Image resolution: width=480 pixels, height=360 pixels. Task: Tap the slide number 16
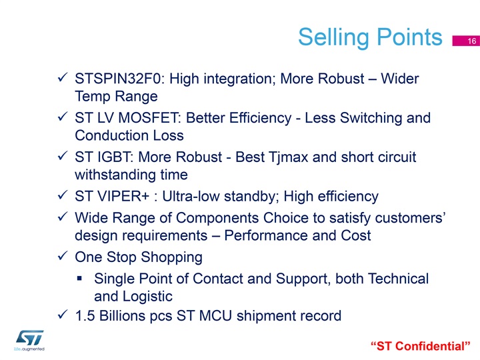coord(472,41)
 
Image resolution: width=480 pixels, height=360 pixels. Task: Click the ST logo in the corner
coord(29,340)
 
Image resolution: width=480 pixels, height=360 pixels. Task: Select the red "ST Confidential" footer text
coord(420,346)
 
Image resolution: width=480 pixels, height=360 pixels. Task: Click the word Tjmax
coord(288,157)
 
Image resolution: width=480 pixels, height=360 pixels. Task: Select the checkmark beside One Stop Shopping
coord(63,255)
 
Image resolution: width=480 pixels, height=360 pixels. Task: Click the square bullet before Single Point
coord(79,278)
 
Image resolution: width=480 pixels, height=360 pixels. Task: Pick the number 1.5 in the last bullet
coord(85,315)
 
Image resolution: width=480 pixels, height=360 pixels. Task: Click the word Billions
coord(122,315)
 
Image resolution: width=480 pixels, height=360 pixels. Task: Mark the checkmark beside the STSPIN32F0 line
coord(63,77)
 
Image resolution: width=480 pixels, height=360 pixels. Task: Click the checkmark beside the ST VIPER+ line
coord(63,195)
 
